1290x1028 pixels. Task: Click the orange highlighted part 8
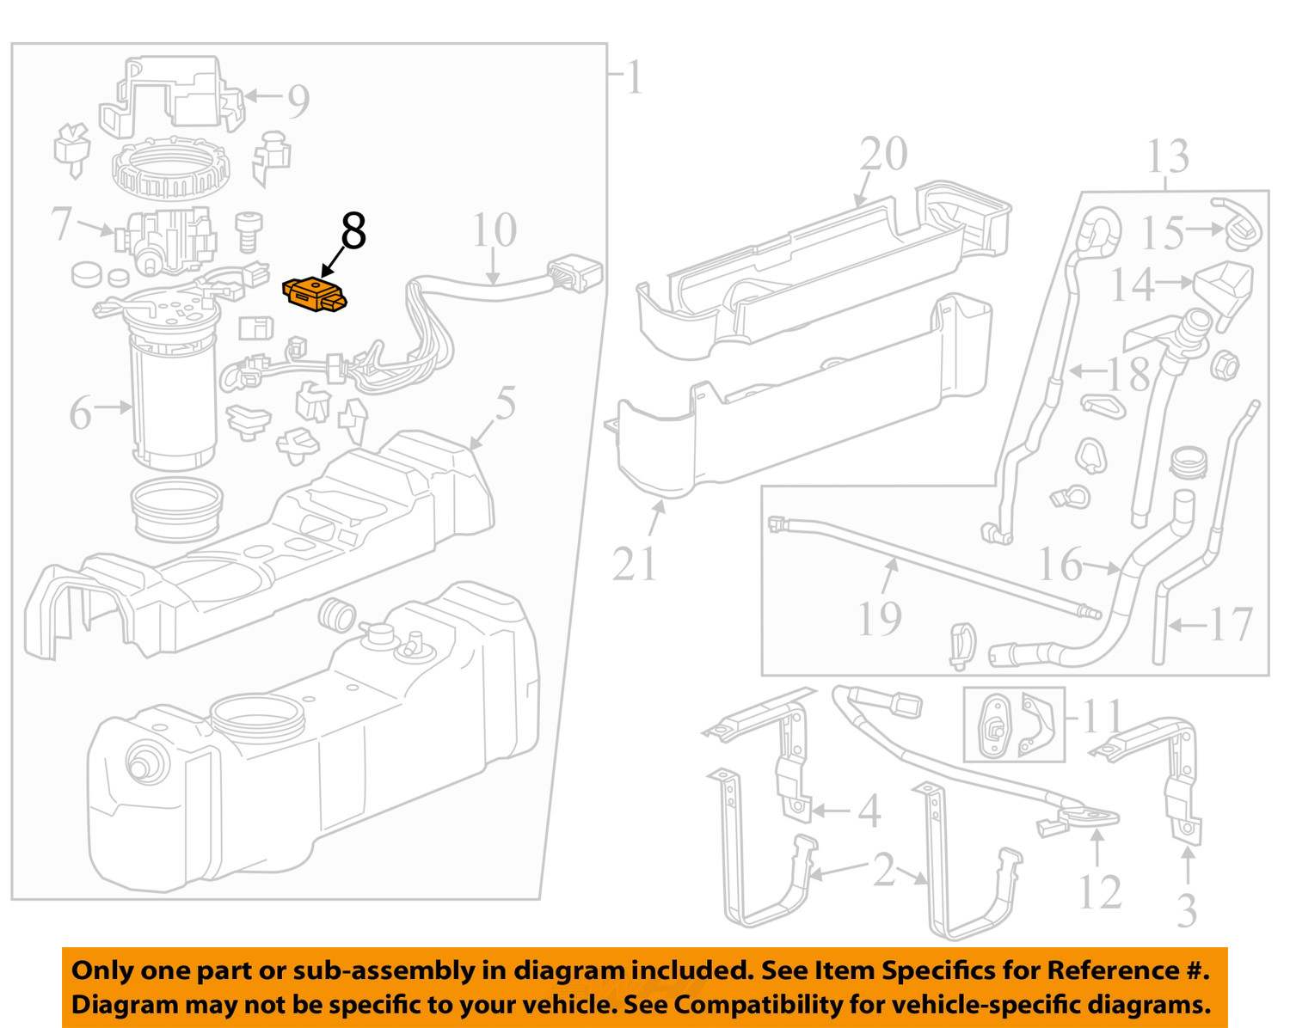click(316, 294)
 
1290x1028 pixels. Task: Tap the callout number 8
click(353, 231)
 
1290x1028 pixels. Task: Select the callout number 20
click(883, 155)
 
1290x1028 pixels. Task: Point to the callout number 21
click(636, 564)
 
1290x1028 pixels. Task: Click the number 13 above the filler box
click(1168, 157)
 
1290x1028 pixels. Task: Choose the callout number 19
click(880, 617)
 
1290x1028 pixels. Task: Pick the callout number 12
click(1099, 891)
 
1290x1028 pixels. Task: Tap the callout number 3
click(1187, 910)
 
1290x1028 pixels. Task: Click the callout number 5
click(506, 404)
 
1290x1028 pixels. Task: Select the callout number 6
click(80, 415)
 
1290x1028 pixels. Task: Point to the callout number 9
click(298, 101)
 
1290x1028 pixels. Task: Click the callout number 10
click(494, 230)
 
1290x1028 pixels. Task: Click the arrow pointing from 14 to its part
click(1174, 281)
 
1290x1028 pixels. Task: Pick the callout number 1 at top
click(634, 79)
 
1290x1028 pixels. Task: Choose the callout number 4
click(869, 811)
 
